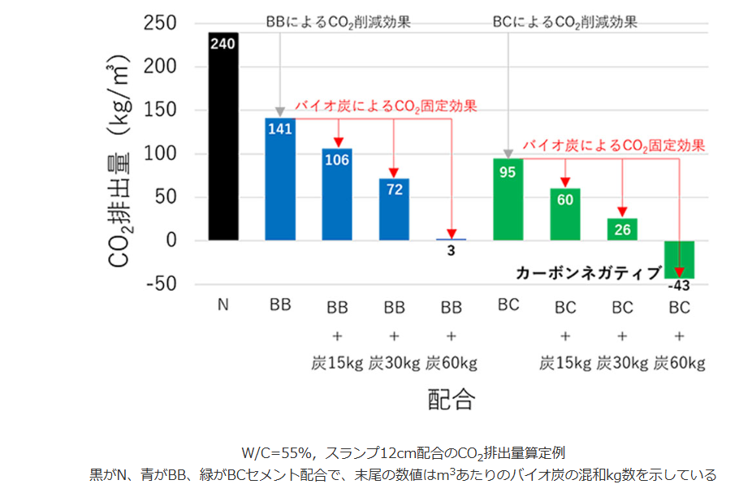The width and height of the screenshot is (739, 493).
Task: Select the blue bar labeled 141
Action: coord(280,183)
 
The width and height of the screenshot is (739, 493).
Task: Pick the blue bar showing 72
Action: coord(394,211)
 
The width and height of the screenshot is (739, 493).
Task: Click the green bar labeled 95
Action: coord(508,203)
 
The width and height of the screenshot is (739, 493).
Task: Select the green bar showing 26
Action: coord(622,229)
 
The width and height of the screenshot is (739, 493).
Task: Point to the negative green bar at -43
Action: coord(679,258)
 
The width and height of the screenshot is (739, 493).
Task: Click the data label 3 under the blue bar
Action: coord(451,251)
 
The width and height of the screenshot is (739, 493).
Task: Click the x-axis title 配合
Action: coord(451,400)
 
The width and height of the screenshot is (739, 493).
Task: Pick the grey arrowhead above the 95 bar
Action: coord(508,154)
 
